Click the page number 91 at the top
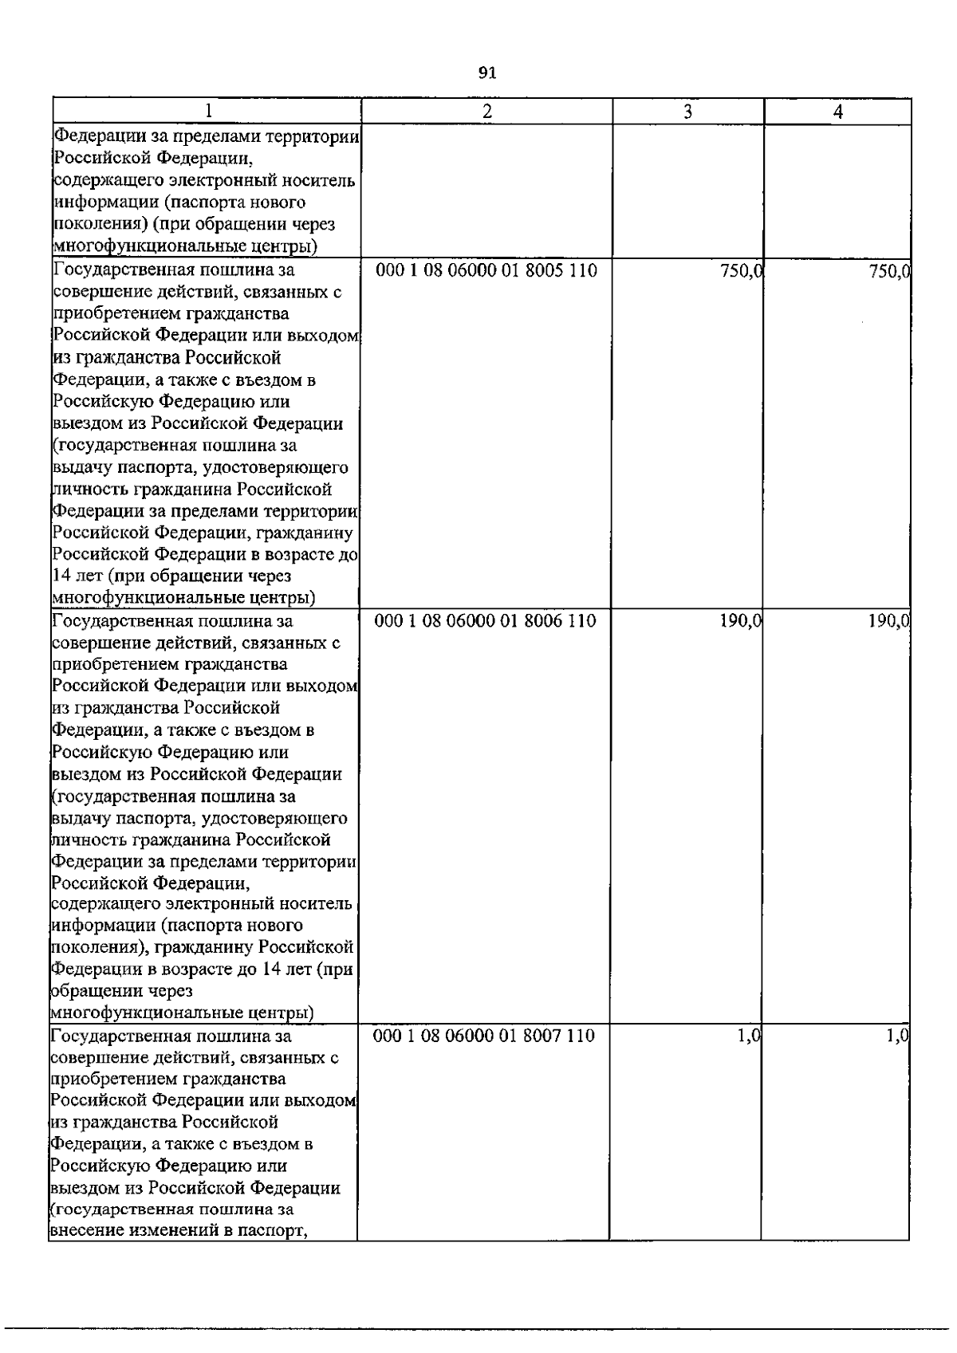click(486, 73)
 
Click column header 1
click(208, 112)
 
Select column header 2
click(486, 112)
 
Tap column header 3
click(687, 112)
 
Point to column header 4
click(837, 112)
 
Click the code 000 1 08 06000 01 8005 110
click(486, 270)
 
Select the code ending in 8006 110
click(486, 620)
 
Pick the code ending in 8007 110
click(484, 1036)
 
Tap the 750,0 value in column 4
click(890, 271)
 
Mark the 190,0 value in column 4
click(889, 621)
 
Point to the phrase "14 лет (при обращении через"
click(171, 576)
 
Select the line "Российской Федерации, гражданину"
click(203, 532)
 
